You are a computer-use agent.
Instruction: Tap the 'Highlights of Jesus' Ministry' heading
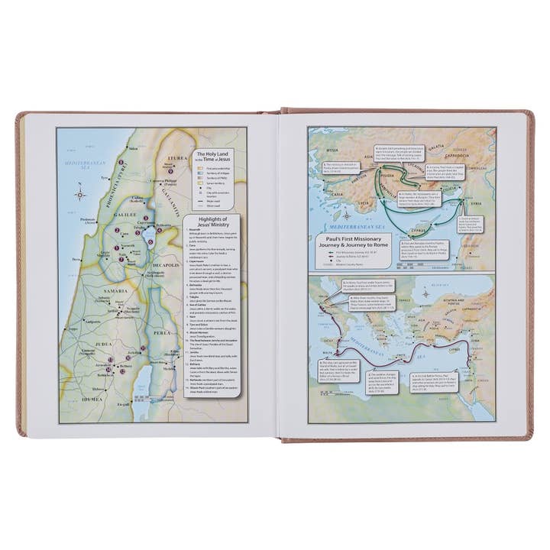pyautogui.click(x=211, y=226)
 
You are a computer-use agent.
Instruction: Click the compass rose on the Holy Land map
pyautogui.click(x=80, y=194)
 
